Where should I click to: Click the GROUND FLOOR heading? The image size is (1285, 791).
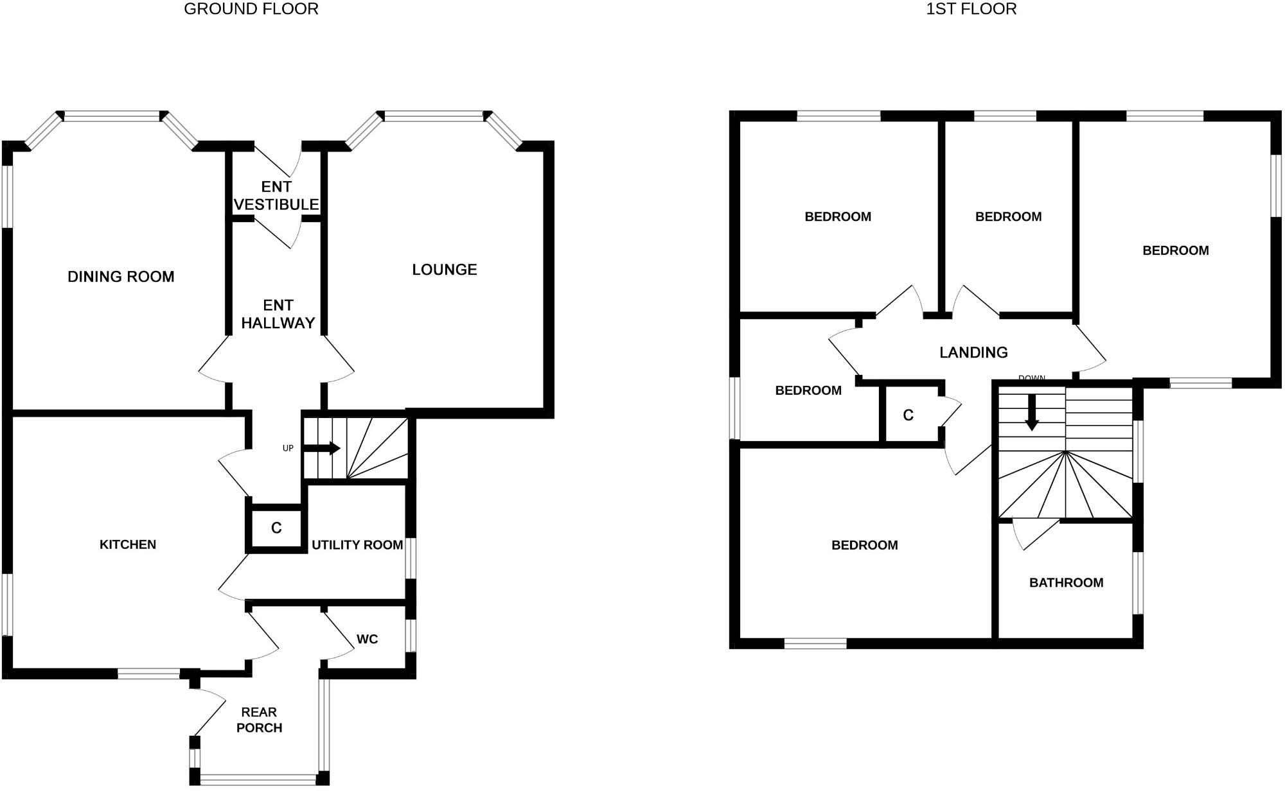click(x=251, y=9)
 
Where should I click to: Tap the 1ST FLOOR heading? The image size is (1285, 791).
click(x=971, y=9)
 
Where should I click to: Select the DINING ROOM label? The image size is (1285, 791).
click(x=121, y=277)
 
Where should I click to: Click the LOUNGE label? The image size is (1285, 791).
click(x=445, y=270)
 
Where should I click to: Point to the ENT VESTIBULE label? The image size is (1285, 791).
click(x=276, y=196)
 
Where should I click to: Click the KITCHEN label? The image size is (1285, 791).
click(x=128, y=544)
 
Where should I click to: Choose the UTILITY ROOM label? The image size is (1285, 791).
click(x=357, y=545)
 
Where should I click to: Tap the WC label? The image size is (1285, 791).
click(x=368, y=639)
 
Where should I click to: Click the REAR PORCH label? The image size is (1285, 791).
click(x=259, y=720)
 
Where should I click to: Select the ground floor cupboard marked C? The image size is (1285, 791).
click(x=276, y=528)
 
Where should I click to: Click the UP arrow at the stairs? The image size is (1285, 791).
click(x=322, y=448)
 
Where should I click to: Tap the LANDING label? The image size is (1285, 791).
click(x=973, y=352)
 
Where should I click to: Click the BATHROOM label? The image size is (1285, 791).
click(x=1066, y=583)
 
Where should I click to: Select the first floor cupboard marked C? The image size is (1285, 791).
click(x=908, y=415)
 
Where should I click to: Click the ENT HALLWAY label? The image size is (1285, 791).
click(x=278, y=314)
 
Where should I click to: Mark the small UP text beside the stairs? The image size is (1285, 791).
click(x=288, y=448)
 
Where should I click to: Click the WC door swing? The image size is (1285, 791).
click(x=338, y=636)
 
